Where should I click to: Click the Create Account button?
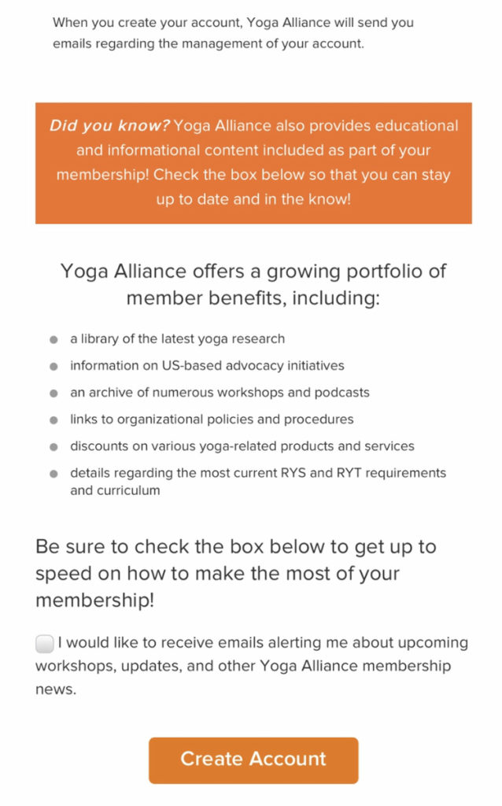[x=253, y=760]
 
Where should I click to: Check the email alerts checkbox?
[x=45, y=644]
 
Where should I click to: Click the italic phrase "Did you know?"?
[x=109, y=126]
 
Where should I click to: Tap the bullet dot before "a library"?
[x=54, y=339]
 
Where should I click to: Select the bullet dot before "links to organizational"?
[x=54, y=420]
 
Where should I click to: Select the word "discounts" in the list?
[x=98, y=446]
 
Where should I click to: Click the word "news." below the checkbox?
[x=56, y=690]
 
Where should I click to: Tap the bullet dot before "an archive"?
[x=54, y=393]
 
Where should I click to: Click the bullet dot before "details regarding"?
[x=54, y=474]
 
